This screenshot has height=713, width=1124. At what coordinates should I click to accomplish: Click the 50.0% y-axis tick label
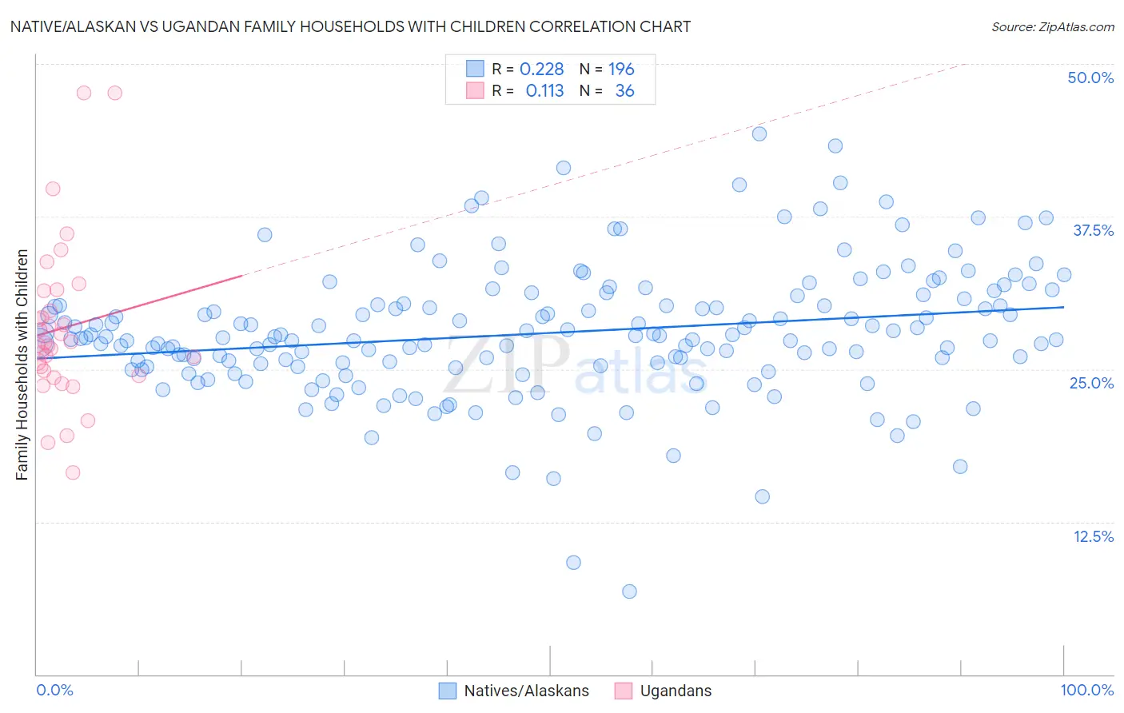click(x=1090, y=78)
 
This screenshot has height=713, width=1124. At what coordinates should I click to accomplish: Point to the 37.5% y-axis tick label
click(x=1093, y=230)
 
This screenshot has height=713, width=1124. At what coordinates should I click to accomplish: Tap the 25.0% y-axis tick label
click(x=1091, y=383)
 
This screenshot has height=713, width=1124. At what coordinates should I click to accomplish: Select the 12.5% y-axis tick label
click(x=1093, y=536)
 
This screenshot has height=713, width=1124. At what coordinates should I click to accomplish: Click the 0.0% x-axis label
click(x=54, y=691)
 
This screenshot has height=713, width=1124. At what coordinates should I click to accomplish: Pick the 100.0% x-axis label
click(x=1086, y=691)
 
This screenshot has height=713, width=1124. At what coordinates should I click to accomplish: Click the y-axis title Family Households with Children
click(x=22, y=365)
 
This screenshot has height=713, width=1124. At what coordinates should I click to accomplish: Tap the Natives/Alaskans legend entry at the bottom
click(x=526, y=691)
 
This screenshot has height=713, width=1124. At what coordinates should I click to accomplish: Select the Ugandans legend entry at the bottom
click(x=676, y=691)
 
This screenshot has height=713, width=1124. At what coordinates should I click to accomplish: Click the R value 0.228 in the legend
click(x=541, y=69)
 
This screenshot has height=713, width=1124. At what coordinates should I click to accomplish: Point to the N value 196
click(x=621, y=69)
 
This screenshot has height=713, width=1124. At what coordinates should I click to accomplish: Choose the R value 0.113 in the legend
click(x=544, y=90)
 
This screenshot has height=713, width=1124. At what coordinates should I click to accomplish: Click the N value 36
click(x=624, y=90)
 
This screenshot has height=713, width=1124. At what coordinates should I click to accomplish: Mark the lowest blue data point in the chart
click(x=629, y=592)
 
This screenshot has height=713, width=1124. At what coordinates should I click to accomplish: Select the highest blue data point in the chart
click(x=759, y=133)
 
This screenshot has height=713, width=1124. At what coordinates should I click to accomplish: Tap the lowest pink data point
click(x=73, y=472)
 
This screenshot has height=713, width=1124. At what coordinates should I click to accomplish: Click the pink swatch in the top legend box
click(x=475, y=90)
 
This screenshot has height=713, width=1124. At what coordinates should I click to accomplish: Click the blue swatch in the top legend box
click(x=475, y=69)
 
